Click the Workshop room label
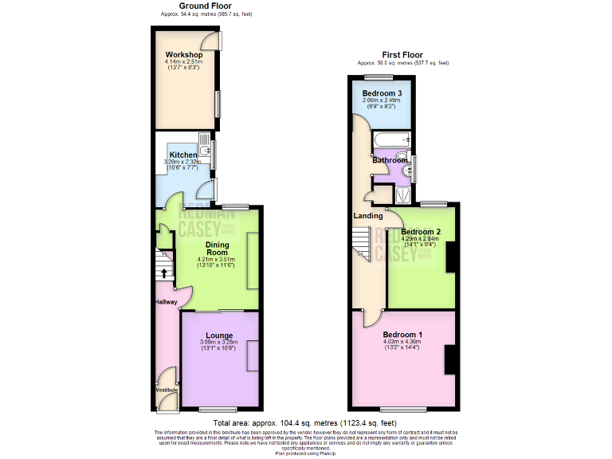(183, 55)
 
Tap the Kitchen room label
(182, 155)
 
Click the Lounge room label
(218, 335)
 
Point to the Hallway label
(166, 302)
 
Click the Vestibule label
(167, 390)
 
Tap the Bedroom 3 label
(382, 93)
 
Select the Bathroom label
(388, 160)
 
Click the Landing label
(367, 215)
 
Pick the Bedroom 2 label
(422, 233)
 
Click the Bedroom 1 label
(402, 334)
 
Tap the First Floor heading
(402, 54)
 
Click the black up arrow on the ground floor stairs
(164, 273)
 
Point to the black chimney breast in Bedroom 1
(449, 359)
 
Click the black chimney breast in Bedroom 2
(450, 257)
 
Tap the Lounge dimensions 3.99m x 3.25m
(218, 344)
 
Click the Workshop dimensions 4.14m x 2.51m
(183, 64)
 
